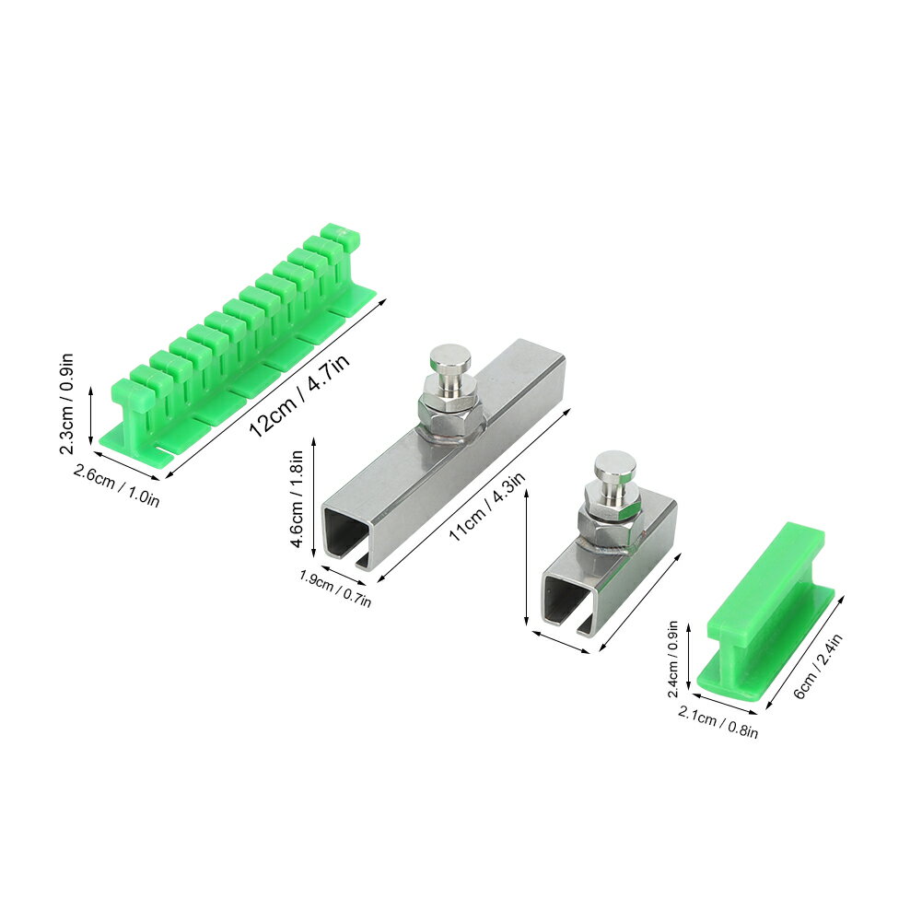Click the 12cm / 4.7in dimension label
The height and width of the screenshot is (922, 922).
[300, 395]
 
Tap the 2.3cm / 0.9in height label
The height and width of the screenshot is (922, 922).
[66, 403]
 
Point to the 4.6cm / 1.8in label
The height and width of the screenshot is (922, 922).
[297, 499]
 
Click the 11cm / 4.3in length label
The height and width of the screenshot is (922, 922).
[486, 507]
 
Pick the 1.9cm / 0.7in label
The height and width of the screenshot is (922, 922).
[335, 588]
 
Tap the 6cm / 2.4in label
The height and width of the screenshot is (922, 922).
[818, 666]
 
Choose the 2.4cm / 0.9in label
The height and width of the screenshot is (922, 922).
[674, 658]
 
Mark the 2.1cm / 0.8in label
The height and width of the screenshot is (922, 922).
[718, 721]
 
